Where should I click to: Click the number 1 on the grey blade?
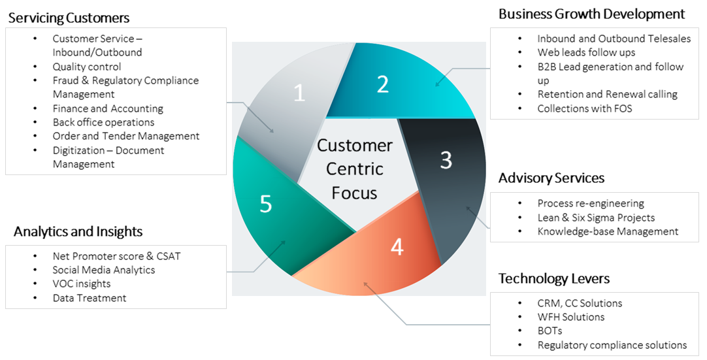[x=299, y=93]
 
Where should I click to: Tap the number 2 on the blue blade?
[x=383, y=84]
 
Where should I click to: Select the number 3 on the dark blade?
[x=446, y=160]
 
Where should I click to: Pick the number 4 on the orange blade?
[x=397, y=248]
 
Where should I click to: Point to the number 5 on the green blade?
[x=265, y=205]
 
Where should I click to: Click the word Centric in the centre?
[x=354, y=169]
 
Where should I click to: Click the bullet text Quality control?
[x=87, y=67]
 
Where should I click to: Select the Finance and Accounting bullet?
[x=108, y=108]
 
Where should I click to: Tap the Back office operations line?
[x=103, y=122]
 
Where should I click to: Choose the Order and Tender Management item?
[x=126, y=136]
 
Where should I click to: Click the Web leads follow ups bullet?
[x=586, y=52]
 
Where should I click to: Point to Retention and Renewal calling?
[x=607, y=94]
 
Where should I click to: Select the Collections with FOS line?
[x=585, y=108]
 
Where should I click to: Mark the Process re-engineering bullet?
[x=591, y=203]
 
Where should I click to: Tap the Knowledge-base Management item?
[x=608, y=231]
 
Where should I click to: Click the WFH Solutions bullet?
[x=570, y=317]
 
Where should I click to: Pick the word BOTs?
[x=550, y=331]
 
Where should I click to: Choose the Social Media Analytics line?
[x=104, y=270]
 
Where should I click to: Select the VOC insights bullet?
[x=82, y=284]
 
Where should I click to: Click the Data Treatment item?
[x=90, y=298]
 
